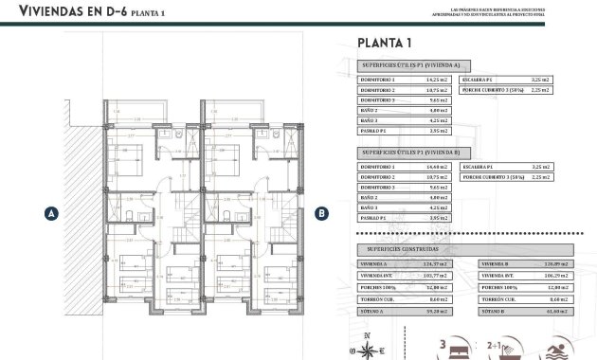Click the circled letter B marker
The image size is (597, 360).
click(x=321, y=214)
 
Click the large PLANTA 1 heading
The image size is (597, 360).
click(x=384, y=42)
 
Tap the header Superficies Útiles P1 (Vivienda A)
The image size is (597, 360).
click(x=409, y=65)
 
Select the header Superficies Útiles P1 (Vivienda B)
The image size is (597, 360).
click(x=409, y=153)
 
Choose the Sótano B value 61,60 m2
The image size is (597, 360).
click(x=559, y=310)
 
